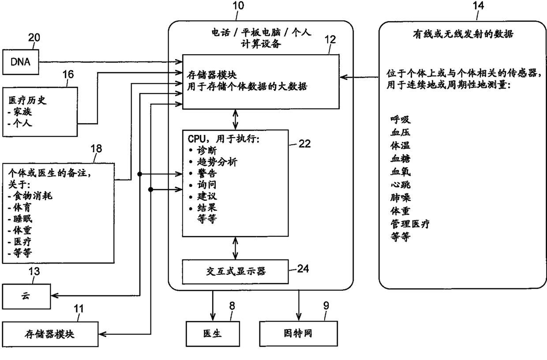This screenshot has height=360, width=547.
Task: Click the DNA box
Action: coord(21,62)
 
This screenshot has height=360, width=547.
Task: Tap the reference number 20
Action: coord(34,37)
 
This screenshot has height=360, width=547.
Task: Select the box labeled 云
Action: coord(26,296)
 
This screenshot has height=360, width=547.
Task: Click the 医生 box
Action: coord(213,334)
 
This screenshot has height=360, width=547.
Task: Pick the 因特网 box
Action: coord(298,334)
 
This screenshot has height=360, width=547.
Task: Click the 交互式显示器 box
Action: coord(236,272)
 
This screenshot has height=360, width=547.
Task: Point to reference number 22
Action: coord(304,144)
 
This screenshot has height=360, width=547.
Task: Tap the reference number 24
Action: coord(303,269)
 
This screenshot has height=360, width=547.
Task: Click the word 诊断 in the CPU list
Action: coord(207,150)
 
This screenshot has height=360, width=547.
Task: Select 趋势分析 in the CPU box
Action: coord(217,162)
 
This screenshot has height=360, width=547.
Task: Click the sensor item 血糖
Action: coord(401,158)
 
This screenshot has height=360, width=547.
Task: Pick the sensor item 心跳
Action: coord(401,185)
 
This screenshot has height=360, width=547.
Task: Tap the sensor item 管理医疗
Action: coord(410,224)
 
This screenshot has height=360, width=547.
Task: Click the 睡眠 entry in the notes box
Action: coord(22,219)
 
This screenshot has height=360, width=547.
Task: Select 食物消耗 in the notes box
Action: coord(33,196)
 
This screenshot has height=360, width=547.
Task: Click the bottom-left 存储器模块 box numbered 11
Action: coord(50,334)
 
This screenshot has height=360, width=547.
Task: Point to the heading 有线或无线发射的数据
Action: coord(463,34)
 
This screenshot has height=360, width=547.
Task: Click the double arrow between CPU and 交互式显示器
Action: coord(236,248)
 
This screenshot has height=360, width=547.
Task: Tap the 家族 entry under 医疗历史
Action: coord(22,112)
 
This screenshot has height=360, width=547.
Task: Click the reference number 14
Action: coord(478,5)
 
